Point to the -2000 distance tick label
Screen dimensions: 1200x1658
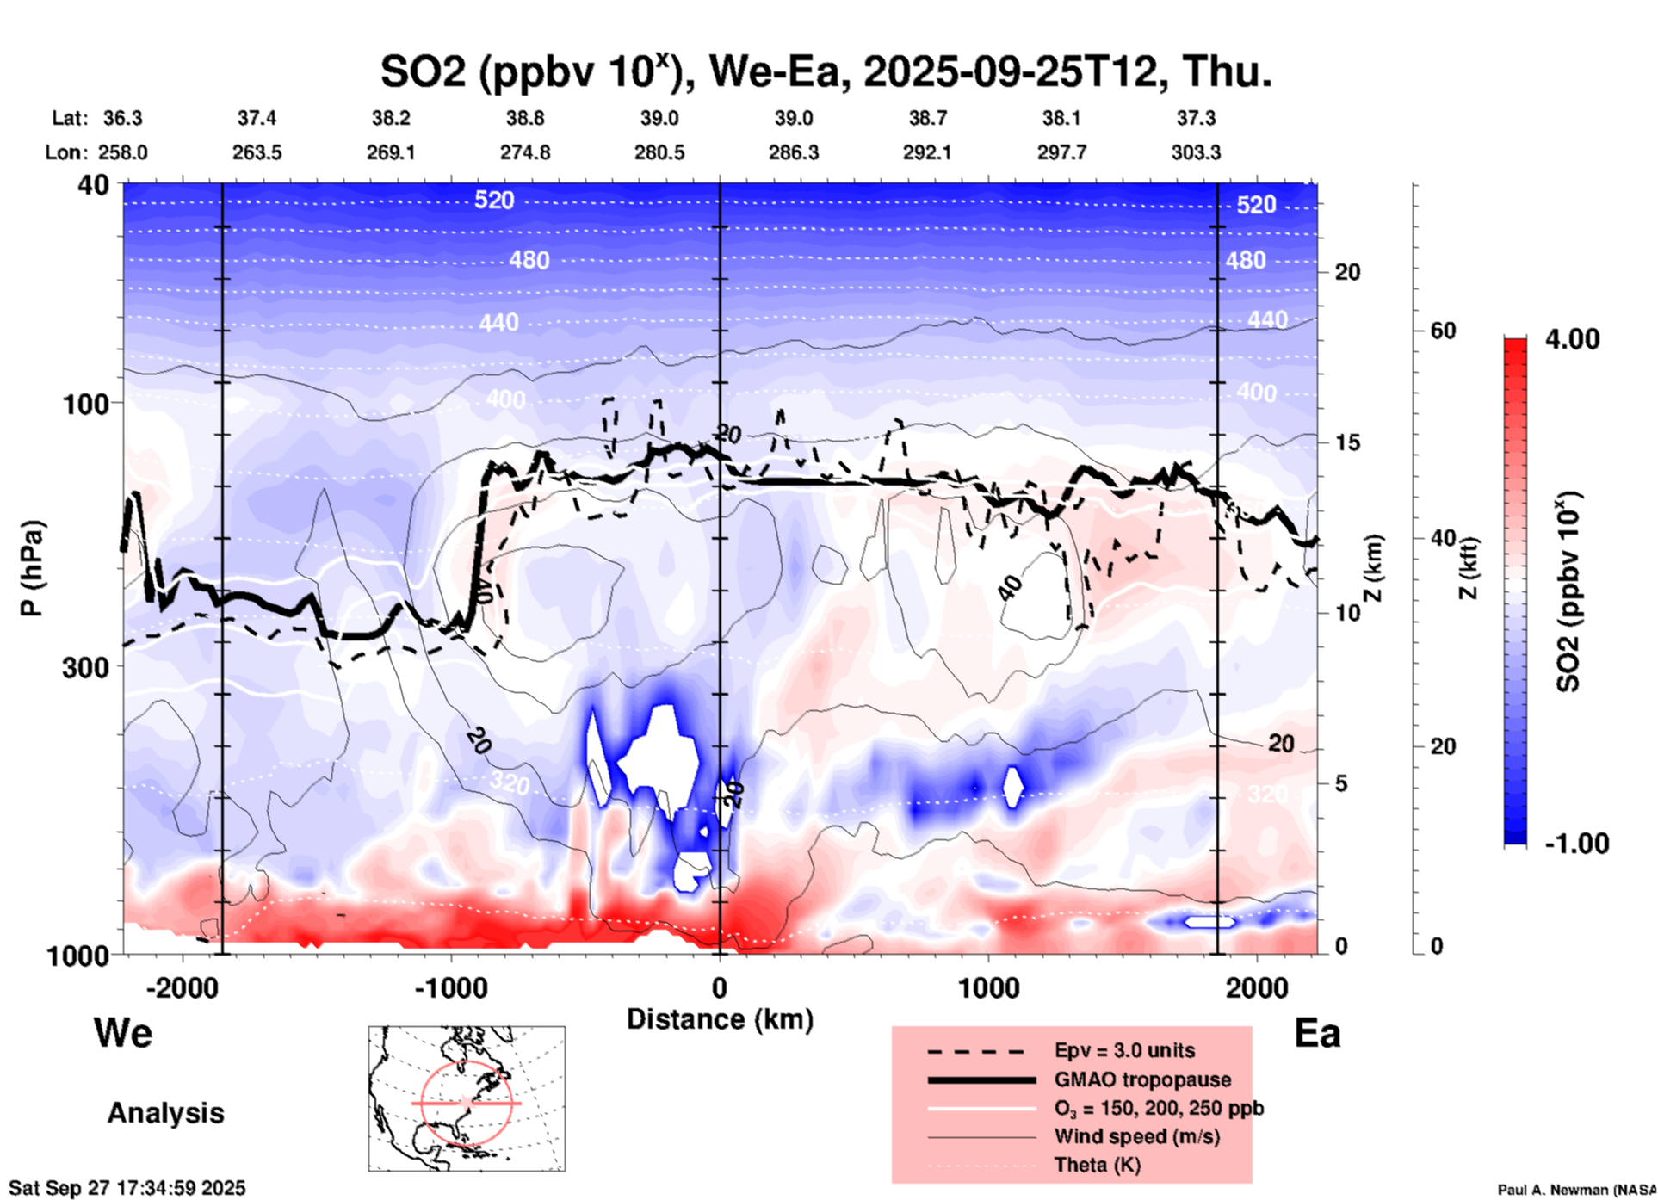pos(183,988)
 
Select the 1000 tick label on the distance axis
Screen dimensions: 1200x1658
pos(988,988)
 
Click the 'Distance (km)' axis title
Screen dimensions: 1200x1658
pos(720,1019)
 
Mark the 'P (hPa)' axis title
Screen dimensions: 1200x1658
pos(32,568)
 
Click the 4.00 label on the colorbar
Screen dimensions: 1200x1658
pos(1572,339)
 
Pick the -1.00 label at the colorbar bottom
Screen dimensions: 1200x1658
pos(1576,844)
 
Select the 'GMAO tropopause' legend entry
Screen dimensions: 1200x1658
pos(1142,1079)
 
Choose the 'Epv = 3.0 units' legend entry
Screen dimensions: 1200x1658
pos(1124,1051)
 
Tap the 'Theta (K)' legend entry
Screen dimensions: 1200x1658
pos(1097,1166)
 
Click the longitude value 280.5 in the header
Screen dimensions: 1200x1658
pos(660,153)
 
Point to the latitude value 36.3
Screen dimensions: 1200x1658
pos(123,118)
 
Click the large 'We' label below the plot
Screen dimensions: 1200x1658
pos(123,1033)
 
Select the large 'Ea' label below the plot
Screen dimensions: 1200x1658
pos(1317,1034)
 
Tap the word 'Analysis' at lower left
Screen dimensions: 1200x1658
pos(165,1113)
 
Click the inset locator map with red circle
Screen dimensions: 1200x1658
pos(467,1098)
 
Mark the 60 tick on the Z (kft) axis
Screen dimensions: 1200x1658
pos(1443,331)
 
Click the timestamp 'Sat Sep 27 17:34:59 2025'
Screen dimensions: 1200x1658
pos(127,1188)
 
